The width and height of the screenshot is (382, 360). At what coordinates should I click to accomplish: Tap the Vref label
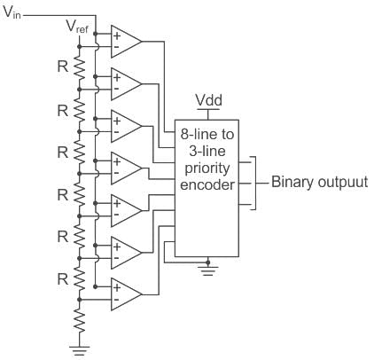pos(77,27)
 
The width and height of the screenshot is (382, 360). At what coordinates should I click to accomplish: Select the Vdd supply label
pos(208,100)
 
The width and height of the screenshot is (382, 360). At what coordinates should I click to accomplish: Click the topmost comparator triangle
pos(126,42)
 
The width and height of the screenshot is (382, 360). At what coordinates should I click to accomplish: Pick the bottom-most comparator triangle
pos(126,294)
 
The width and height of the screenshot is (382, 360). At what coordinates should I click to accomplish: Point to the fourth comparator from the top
pos(126,168)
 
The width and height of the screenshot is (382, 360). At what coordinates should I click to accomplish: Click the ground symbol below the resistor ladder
pos(79,349)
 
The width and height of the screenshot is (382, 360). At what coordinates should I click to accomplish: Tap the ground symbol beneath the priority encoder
pos(208,270)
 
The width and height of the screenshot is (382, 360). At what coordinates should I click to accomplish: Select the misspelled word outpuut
pos(343,183)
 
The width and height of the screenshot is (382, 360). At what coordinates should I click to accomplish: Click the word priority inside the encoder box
pos(207,168)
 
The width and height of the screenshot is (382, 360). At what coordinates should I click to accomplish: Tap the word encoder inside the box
pos(207,185)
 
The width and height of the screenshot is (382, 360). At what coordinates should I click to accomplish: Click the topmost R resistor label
pos(63,67)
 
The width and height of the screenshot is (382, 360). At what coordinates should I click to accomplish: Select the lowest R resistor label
pos(63,278)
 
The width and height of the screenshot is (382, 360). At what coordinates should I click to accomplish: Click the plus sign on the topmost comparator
pos(117,35)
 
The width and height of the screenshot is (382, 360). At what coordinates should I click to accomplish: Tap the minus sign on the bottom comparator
pos(116,300)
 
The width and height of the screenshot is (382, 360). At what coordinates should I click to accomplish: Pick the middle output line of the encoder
pos(246,184)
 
